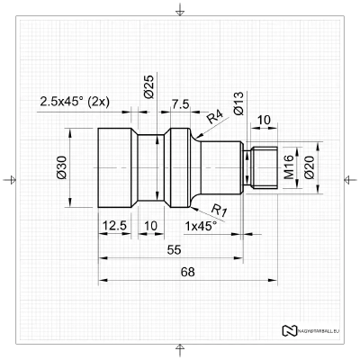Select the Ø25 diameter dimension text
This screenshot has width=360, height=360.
click(x=148, y=87)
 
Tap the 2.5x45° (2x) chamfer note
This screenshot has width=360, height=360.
click(x=75, y=102)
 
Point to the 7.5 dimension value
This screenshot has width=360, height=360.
click(x=178, y=104)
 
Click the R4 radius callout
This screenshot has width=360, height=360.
click(x=215, y=117)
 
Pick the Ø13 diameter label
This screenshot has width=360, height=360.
click(x=238, y=105)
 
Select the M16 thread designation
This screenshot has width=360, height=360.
click(x=289, y=168)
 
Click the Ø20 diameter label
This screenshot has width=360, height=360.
click(x=309, y=168)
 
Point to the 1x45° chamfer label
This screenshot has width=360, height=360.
click(x=200, y=226)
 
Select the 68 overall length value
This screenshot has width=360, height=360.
click(x=187, y=272)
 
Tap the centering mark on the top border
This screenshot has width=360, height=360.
click(x=180, y=10)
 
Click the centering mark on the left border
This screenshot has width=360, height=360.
click(x=10, y=180)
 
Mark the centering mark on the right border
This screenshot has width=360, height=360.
click(x=350, y=180)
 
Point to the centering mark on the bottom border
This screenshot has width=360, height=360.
click(x=180, y=349)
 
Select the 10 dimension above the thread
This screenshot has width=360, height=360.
click(x=264, y=120)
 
